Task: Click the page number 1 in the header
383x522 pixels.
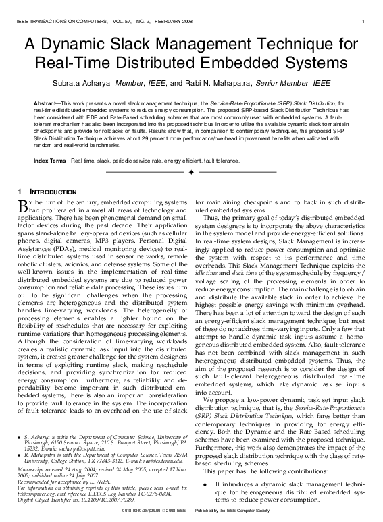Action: (x=364, y=22)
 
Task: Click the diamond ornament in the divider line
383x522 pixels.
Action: (x=191, y=173)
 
